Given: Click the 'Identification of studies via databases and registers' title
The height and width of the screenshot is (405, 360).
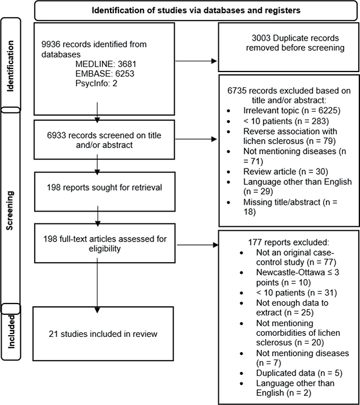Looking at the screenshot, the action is [x=196, y=11].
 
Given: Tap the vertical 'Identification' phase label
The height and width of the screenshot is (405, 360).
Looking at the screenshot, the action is [x=10, y=66].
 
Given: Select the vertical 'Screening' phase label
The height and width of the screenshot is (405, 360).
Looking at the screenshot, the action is [x=10, y=210].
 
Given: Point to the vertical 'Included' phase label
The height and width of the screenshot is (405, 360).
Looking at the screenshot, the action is [x=11, y=332].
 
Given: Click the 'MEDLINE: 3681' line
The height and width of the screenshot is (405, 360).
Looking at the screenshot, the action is [x=106, y=64].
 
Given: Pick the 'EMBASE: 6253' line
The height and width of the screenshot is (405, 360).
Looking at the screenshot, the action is [x=105, y=74].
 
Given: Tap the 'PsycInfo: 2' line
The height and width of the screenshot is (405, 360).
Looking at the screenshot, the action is [x=96, y=83].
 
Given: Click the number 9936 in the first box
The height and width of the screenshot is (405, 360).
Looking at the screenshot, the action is [x=51, y=44].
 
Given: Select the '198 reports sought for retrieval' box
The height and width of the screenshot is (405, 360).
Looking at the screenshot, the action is [x=105, y=192].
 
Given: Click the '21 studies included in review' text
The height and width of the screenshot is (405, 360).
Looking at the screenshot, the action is [x=103, y=334].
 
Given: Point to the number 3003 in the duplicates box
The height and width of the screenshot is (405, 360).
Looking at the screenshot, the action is [x=261, y=38].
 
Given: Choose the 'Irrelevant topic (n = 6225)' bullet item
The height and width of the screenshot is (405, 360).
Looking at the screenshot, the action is [x=292, y=111].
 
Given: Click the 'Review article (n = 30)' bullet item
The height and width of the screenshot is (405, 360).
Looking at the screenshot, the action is [x=286, y=171].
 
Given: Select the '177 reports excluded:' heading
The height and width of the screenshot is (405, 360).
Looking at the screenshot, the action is [x=289, y=242].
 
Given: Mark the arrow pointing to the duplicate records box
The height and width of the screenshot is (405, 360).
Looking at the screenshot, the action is [x=196, y=61].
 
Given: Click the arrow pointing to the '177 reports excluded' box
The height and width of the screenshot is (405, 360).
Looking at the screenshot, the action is [x=198, y=245].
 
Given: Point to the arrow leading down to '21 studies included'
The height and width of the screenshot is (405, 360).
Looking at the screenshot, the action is [x=98, y=285].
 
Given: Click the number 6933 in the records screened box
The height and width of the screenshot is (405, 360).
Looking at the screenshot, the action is [x=56, y=136].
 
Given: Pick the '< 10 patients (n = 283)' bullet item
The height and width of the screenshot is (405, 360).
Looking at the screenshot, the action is [x=286, y=121].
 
